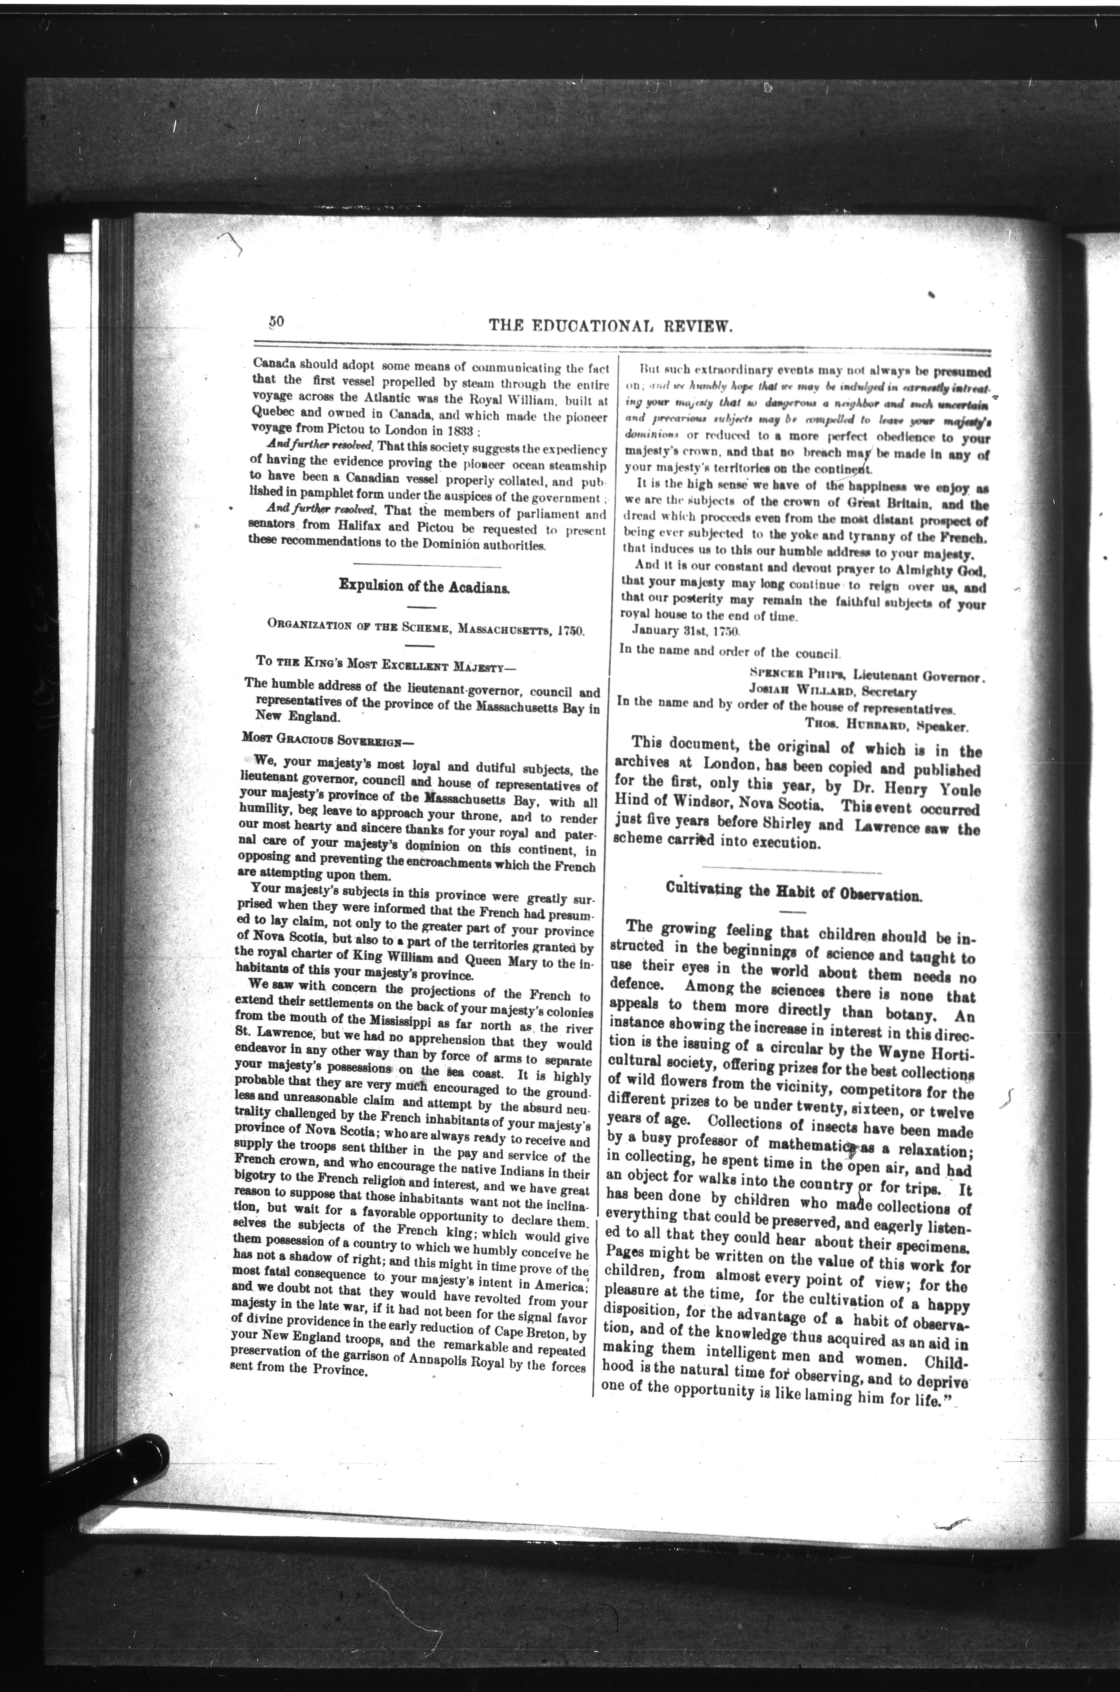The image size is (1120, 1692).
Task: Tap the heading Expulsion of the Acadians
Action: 424,586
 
